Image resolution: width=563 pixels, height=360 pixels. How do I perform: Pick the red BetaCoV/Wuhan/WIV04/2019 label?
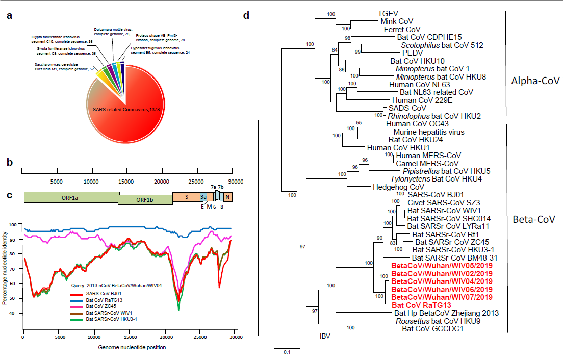point(442,281)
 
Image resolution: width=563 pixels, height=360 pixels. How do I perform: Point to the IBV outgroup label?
point(325,336)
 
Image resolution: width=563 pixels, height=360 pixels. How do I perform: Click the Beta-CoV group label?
point(534,220)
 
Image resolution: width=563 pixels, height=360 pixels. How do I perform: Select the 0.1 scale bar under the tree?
point(287,350)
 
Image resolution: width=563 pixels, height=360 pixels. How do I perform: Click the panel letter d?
point(246,16)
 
